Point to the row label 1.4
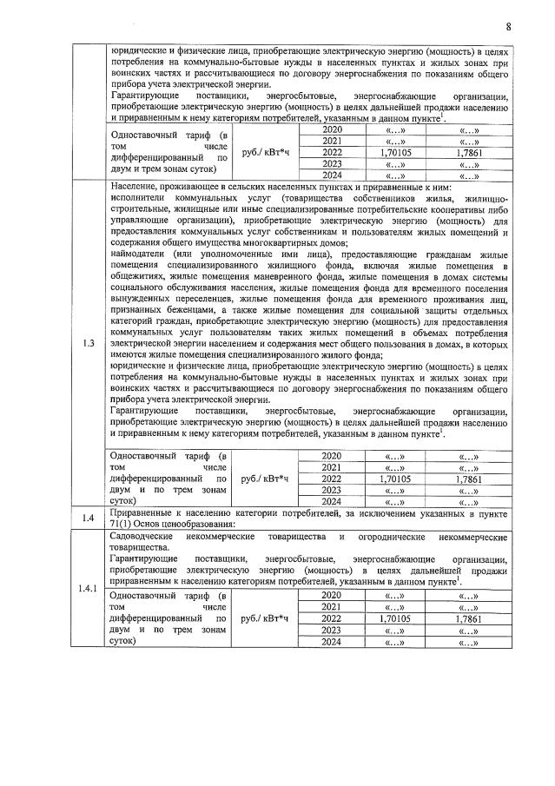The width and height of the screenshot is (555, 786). tap(88, 518)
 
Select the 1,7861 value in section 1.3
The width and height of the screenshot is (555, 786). tap(469, 478)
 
